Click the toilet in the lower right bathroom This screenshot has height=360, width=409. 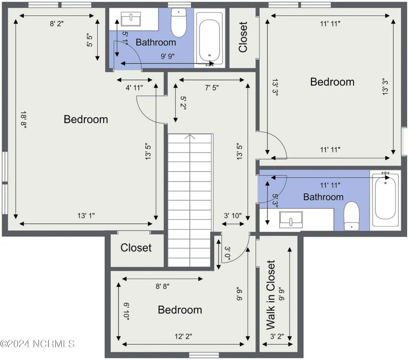[352, 216]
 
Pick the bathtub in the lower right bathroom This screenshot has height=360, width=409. [385, 198]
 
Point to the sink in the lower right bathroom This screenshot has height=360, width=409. [291, 220]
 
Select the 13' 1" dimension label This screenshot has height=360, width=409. [86, 216]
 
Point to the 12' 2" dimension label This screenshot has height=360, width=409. [183, 336]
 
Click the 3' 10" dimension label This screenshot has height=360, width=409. [233, 216]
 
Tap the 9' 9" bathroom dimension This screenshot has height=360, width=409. [168, 56]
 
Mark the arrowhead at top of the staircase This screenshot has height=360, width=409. [190, 137]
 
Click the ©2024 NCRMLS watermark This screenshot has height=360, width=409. [37, 344]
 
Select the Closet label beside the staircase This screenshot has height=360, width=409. [136, 248]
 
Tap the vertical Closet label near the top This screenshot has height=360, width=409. [243, 37]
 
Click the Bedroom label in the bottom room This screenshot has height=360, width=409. [180, 310]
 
